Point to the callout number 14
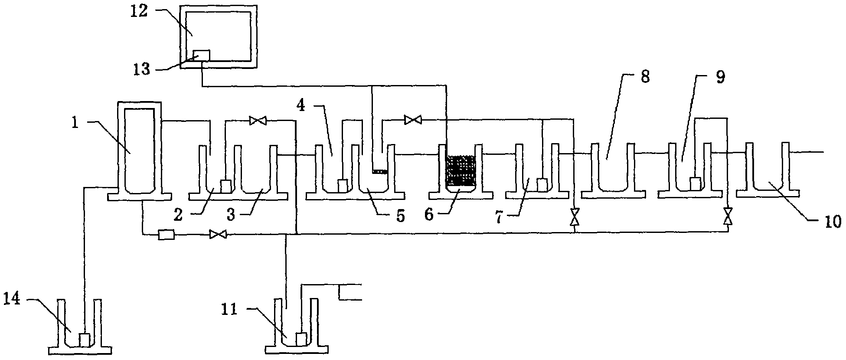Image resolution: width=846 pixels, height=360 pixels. coord(12,300)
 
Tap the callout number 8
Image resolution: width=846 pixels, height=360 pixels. coord(645,78)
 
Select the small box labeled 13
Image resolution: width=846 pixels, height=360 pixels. coord(201,55)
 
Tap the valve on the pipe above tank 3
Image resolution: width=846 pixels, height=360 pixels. coord(258,121)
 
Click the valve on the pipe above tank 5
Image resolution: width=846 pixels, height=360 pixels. coord(412,119)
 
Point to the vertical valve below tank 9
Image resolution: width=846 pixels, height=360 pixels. coord(728,216)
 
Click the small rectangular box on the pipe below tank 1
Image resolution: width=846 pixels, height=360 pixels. coord(166,235)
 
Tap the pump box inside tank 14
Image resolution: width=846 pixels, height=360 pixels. coord(85,340)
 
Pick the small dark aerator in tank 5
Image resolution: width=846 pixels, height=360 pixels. coord(380,172)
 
